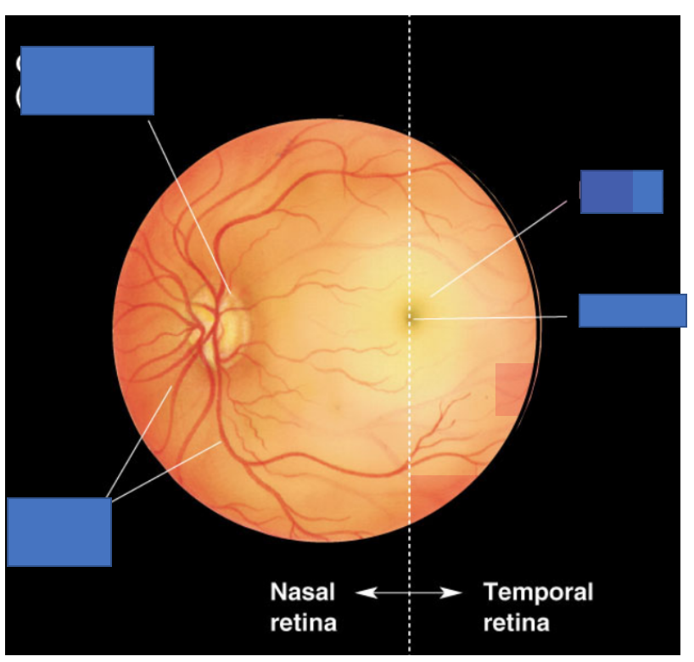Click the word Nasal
[302, 592]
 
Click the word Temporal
[538, 592]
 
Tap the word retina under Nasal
[303, 623]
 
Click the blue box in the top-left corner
[87, 81]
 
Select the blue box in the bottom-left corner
[59, 532]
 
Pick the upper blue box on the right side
[621, 192]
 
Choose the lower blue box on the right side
[632, 311]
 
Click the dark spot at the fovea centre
[410, 317]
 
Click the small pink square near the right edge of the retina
[512, 389]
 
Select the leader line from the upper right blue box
[501, 248]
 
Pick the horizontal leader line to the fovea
[492, 317]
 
